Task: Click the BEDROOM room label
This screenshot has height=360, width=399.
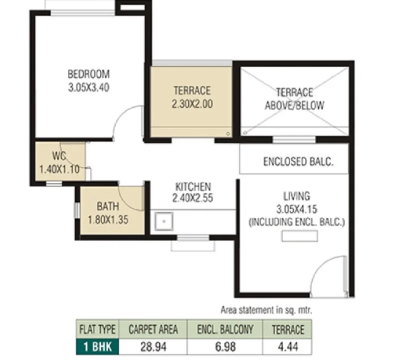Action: [x=89, y=74]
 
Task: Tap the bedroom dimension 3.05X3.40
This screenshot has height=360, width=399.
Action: [x=89, y=87]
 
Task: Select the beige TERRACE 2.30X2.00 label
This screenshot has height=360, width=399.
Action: [x=192, y=97]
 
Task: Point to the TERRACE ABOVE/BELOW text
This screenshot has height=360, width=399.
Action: [x=295, y=99]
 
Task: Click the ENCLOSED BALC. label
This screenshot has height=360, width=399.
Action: [x=298, y=162]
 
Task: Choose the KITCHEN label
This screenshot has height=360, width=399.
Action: [x=194, y=187]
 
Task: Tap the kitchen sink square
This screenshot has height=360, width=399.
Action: [x=164, y=221]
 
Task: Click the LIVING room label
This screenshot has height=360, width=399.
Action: [x=297, y=196]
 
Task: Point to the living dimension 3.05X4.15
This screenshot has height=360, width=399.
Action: [x=297, y=209]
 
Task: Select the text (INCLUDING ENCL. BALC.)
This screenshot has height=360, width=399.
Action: [x=297, y=222]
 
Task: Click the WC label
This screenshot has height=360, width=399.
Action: [x=59, y=156]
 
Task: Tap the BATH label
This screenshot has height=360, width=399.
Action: [x=108, y=206]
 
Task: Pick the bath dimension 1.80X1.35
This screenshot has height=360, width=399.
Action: [x=108, y=220]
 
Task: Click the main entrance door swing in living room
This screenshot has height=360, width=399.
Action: [x=322, y=265]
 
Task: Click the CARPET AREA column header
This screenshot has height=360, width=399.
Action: [x=153, y=330]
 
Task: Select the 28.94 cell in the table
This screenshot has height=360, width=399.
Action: [x=154, y=347]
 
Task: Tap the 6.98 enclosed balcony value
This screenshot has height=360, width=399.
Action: [x=225, y=347]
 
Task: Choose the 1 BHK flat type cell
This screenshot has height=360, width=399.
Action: [x=97, y=347]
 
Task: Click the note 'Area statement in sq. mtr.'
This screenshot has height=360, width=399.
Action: [x=266, y=310]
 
